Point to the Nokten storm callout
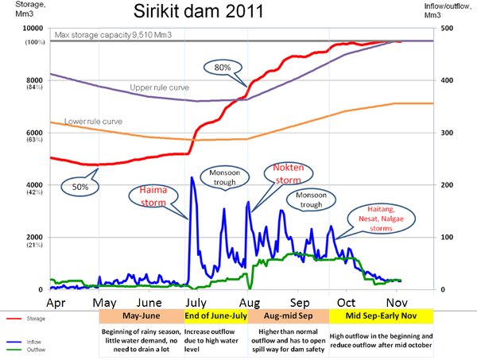(x=289, y=174)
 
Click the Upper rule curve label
(x=160, y=87)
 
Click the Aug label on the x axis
(x=250, y=303)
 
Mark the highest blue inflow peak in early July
(x=192, y=177)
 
